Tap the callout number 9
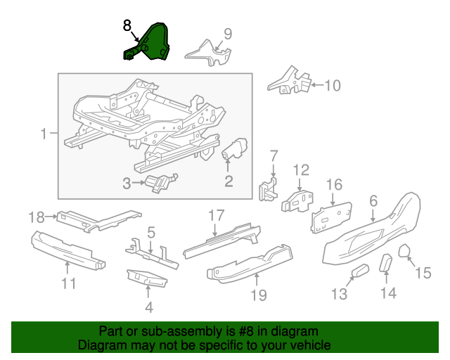click(228, 34)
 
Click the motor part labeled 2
click(236, 148)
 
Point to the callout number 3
click(127, 183)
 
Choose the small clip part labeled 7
click(269, 189)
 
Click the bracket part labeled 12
click(297, 201)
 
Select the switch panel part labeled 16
click(331, 218)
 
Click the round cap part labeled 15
click(404, 250)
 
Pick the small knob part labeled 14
click(386, 263)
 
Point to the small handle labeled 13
click(361, 271)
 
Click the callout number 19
click(259, 295)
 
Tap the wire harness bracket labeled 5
click(152, 252)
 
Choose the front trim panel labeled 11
click(68, 250)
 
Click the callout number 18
click(37, 217)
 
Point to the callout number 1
click(44, 134)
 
